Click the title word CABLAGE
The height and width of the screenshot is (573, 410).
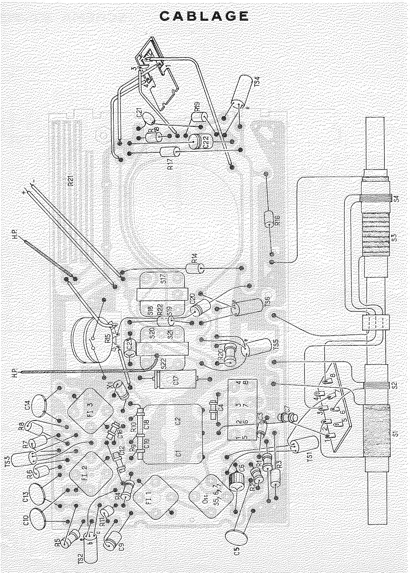pyautogui.click(x=204, y=16)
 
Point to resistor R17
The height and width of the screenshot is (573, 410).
pyautogui.click(x=169, y=152)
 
